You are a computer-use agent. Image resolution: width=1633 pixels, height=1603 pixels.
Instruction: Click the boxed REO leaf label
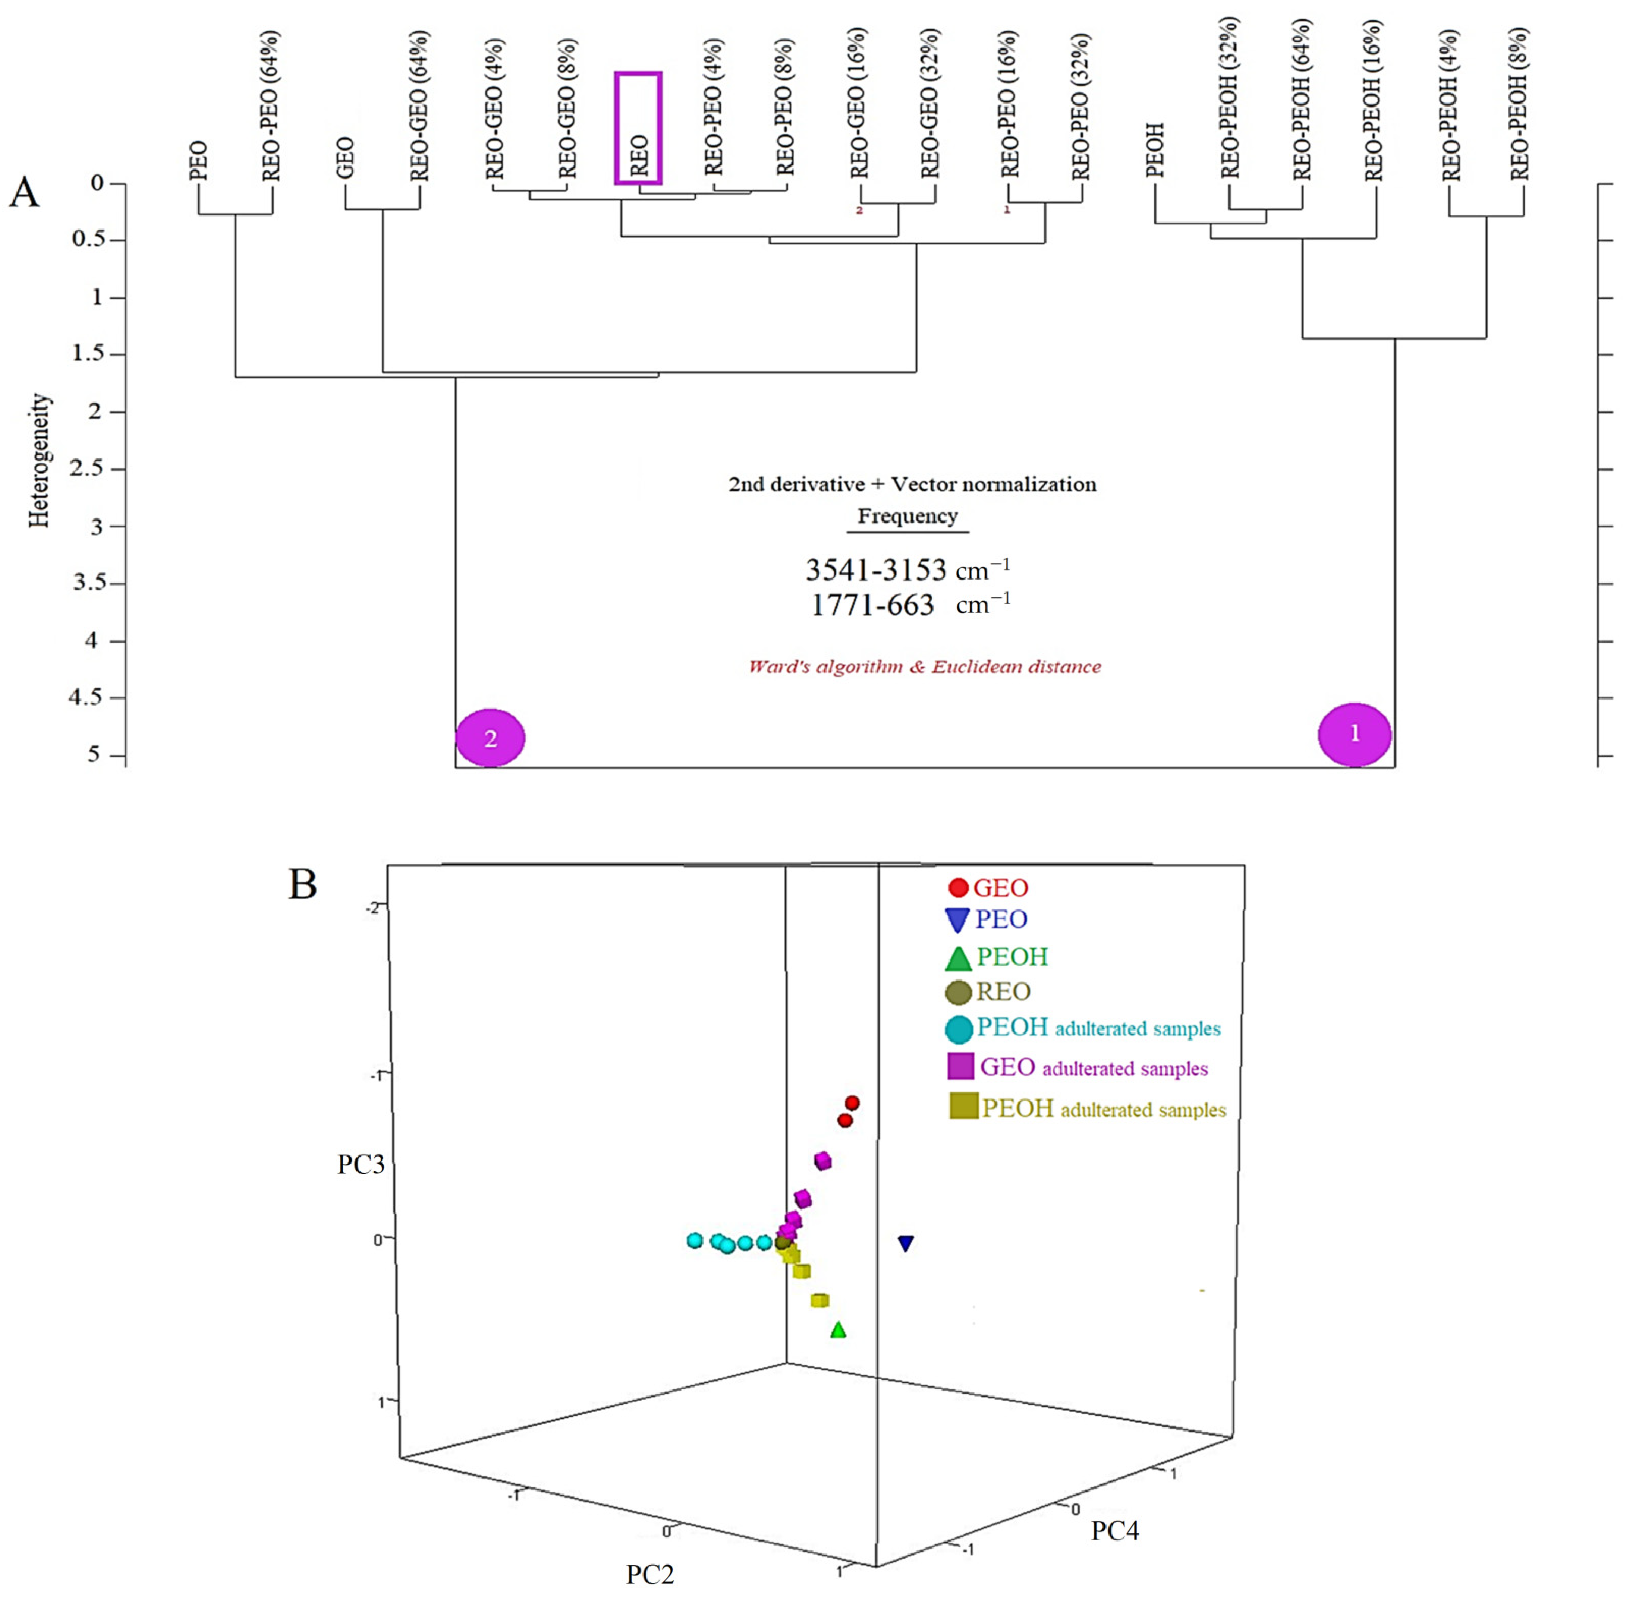tap(638, 128)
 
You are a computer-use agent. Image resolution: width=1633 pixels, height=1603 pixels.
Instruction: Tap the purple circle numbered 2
tap(490, 738)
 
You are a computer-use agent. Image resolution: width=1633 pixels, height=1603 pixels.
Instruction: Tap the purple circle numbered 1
tap(1354, 734)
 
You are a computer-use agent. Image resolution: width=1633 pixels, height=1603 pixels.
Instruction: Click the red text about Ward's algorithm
tap(924, 667)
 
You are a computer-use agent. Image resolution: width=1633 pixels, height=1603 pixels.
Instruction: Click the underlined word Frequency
tap(907, 516)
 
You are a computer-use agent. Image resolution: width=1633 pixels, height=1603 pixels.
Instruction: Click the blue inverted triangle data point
tap(905, 1243)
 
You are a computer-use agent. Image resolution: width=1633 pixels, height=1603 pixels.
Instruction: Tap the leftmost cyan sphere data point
tap(695, 1240)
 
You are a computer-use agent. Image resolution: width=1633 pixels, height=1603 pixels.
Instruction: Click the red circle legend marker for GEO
tap(957, 887)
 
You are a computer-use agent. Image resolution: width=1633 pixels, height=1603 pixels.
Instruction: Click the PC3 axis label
tap(361, 1164)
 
